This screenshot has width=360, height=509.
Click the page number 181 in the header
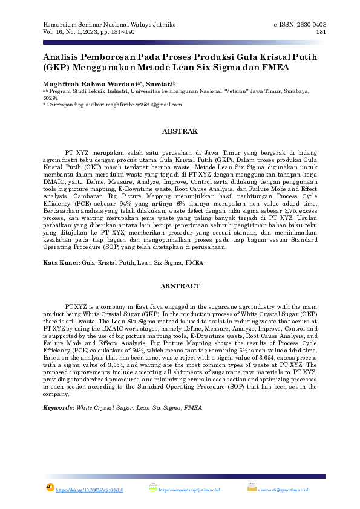click(321, 32)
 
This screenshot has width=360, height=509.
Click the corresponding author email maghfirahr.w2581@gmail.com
click(143, 105)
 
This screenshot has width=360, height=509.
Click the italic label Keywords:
click(58, 409)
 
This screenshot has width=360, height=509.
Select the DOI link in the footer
click(89, 490)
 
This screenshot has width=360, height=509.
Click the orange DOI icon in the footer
click(50, 488)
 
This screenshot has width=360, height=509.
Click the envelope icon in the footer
click(252, 488)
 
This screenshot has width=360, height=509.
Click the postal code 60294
click(50, 97)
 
